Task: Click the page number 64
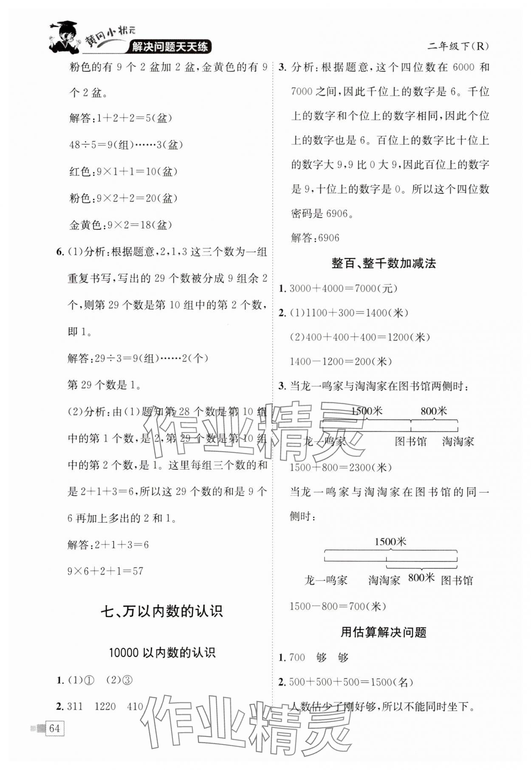(54, 728)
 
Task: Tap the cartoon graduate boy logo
(65, 37)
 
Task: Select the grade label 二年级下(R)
(458, 46)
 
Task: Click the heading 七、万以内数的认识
(162, 612)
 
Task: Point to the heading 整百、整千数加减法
(384, 263)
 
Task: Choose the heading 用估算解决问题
(384, 632)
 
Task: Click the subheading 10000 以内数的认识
(162, 653)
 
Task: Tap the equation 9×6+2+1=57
(105, 571)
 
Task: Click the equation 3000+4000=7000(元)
(343, 289)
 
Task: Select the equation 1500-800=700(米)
(338, 606)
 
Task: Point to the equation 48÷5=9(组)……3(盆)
(126, 145)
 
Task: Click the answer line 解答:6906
(315, 238)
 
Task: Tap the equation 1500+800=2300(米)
(341, 468)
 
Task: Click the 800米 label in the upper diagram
(434, 411)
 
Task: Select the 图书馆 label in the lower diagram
(457, 580)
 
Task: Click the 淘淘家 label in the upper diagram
(458, 442)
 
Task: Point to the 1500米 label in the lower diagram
(390, 542)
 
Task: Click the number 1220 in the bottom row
(105, 706)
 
